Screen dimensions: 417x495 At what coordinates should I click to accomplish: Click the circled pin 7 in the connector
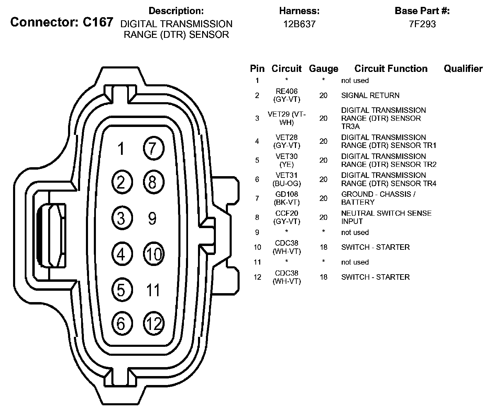(x=153, y=148)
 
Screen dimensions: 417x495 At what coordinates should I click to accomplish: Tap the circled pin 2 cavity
(x=121, y=182)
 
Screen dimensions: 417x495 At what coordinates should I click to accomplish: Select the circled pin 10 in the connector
(x=153, y=254)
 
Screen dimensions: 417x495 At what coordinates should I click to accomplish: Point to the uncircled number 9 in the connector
(x=152, y=218)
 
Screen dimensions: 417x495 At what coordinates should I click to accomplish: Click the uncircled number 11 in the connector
(x=153, y=290)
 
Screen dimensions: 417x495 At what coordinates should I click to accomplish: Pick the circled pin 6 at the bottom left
(x=121, y=323)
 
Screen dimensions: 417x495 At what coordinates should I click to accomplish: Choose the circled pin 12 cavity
(x=153, y=323)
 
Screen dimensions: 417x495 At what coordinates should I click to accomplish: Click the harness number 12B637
(x=299, y=24)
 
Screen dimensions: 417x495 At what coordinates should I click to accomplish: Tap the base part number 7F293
(x=422, y=24)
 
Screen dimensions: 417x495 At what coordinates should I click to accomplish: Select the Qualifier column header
(x=463, y=68)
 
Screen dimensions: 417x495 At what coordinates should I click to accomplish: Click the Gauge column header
(x=323, y=69)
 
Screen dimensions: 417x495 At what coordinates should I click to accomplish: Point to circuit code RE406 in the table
(x=287, y=92)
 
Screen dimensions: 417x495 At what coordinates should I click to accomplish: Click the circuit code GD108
(x=287, y=194)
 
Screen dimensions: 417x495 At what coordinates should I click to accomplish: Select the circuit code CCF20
(x=287, y=214)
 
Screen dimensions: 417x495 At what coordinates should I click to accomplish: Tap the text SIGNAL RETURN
(x=370, y=95)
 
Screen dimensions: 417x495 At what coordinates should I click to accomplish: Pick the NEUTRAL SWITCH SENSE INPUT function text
(x=386, y=217)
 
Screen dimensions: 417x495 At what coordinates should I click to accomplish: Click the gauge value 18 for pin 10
(x=323, y=247)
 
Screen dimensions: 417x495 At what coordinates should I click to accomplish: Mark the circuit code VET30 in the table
(x=287, y=157)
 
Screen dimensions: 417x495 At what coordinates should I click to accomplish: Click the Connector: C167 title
(x=62, y=22)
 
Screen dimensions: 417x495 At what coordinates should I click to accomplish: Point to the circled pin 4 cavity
(x=121, y=254)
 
